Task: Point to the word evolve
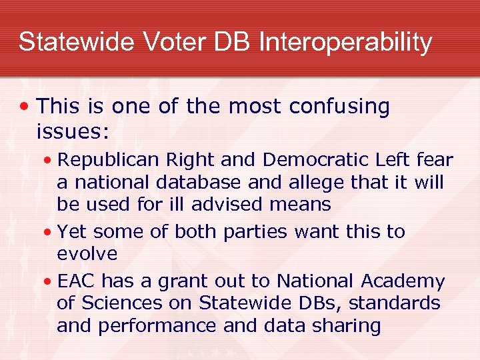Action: pyautogui.click(x=87, y=254)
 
